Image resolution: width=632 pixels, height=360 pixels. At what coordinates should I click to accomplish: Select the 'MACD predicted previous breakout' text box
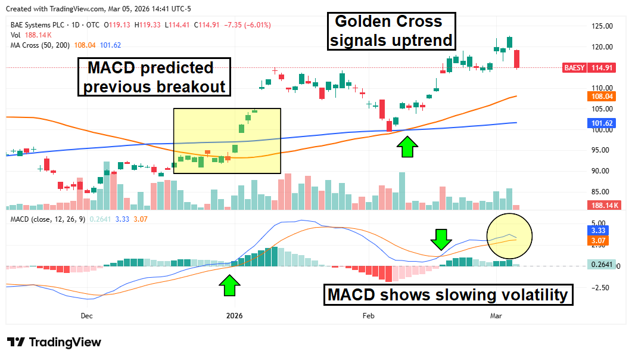[x=154, y=77]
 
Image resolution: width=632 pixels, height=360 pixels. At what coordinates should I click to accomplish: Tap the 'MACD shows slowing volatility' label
[x=449, y=294]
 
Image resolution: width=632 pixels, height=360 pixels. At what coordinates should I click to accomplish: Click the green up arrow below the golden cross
[x=407, y=147]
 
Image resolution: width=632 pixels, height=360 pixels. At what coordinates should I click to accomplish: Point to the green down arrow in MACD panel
[x=441, y=239]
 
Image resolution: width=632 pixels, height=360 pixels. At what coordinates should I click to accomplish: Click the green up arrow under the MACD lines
[x=230, y=285]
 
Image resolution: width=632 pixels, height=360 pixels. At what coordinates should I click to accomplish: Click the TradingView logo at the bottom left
[x=54, y=342]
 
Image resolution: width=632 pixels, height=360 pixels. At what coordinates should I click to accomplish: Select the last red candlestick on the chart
[x=517, y=59]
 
